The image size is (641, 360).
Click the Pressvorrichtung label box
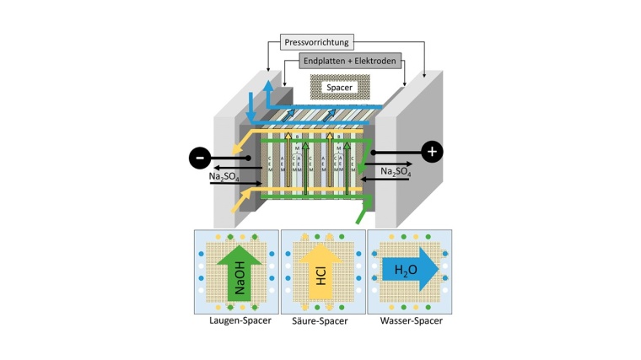[316, 42]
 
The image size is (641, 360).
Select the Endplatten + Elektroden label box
[347, 61]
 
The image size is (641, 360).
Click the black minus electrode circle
[199, 158]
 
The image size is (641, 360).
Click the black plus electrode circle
[432, 152]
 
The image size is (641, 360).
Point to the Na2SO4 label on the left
[227, 176]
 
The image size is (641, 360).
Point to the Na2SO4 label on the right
[396, 171]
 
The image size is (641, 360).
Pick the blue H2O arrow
[410, 271]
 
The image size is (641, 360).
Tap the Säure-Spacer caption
[322, 320]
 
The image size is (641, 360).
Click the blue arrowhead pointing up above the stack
[267, 87]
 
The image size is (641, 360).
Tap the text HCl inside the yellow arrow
[322, 275]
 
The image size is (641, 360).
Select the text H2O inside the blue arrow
[402, 271]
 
